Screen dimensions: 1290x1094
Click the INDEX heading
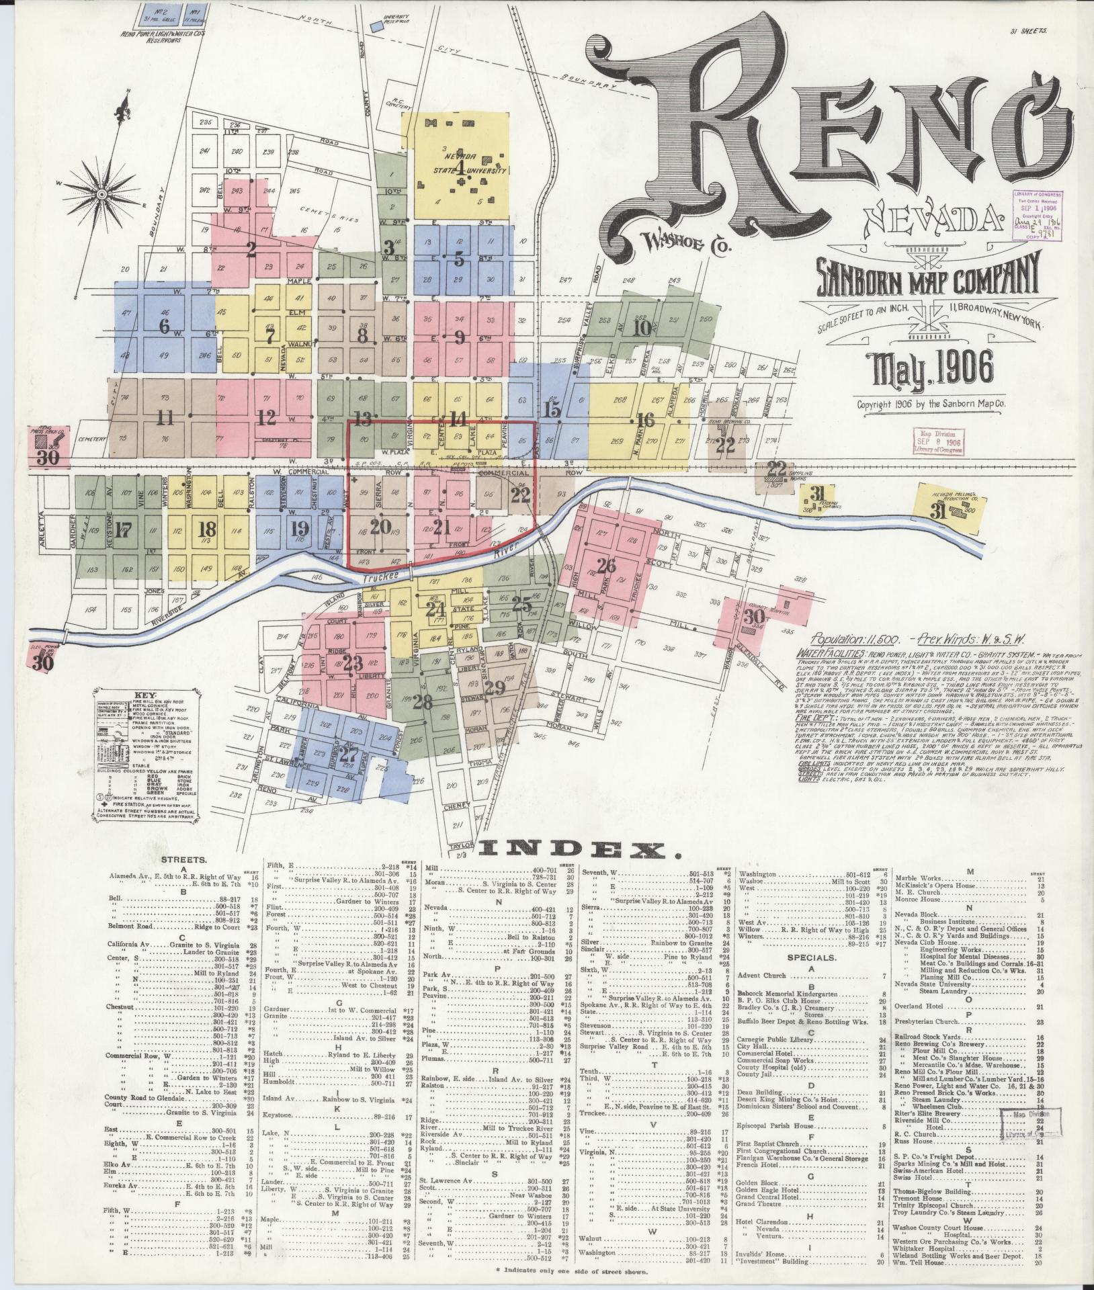(x=577, y=851)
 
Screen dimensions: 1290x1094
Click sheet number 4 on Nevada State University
(x=461, y=166)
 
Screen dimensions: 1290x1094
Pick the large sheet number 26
(x=606, y=566)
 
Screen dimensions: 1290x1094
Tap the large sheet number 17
(x=122, y=530)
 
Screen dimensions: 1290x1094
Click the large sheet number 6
(x=163, y=326)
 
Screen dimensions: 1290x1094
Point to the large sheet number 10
(x=642, y=329)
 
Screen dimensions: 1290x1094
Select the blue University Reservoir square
(x=374, y=26)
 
